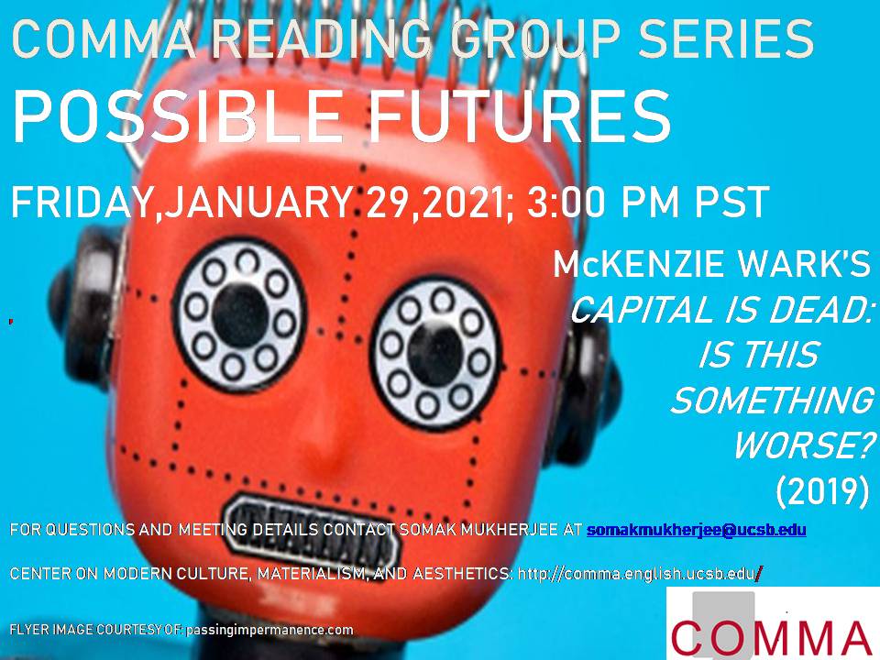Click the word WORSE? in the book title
coord(800,446)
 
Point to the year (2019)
coord(821,491)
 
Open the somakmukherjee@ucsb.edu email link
coord(696,530)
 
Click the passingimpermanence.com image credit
coord(269,630)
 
